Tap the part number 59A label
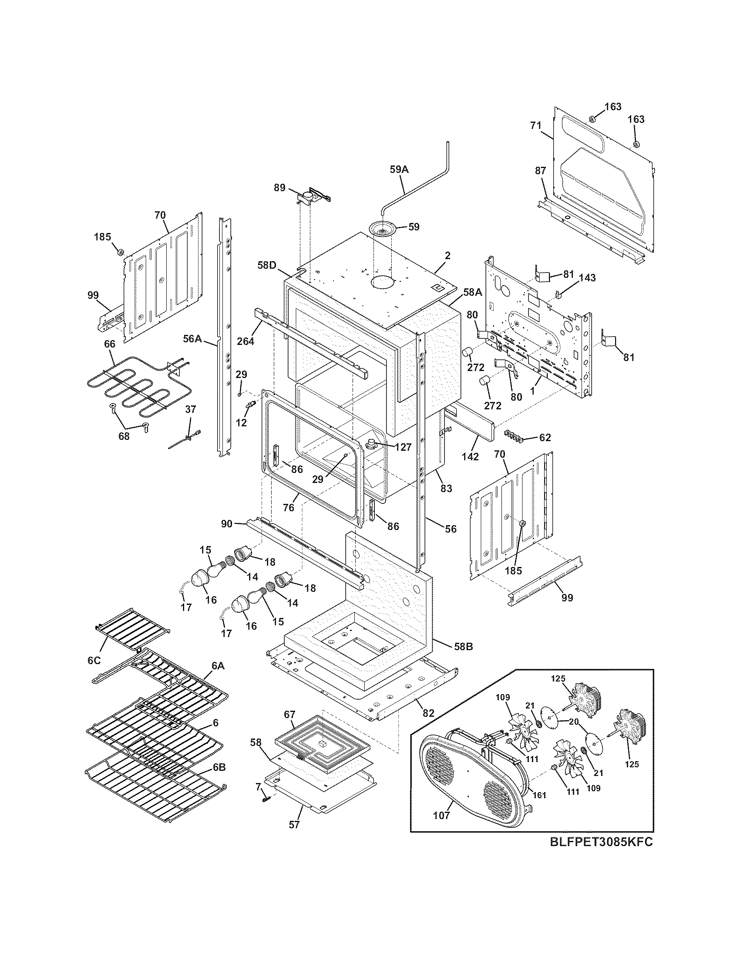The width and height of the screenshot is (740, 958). pos(399,169)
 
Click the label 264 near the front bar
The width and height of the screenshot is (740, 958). pos(246,341)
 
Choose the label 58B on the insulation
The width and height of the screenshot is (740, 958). pos(464,647)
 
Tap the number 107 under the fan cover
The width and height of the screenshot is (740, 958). pos(441,816)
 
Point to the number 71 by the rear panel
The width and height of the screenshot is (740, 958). pos(535,125)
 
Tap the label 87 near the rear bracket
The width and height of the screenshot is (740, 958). pos(540,171)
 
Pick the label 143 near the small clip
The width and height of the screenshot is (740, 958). pos(587,278)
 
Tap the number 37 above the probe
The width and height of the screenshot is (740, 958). pos(190,409)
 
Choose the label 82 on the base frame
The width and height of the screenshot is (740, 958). pos(428,713)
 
